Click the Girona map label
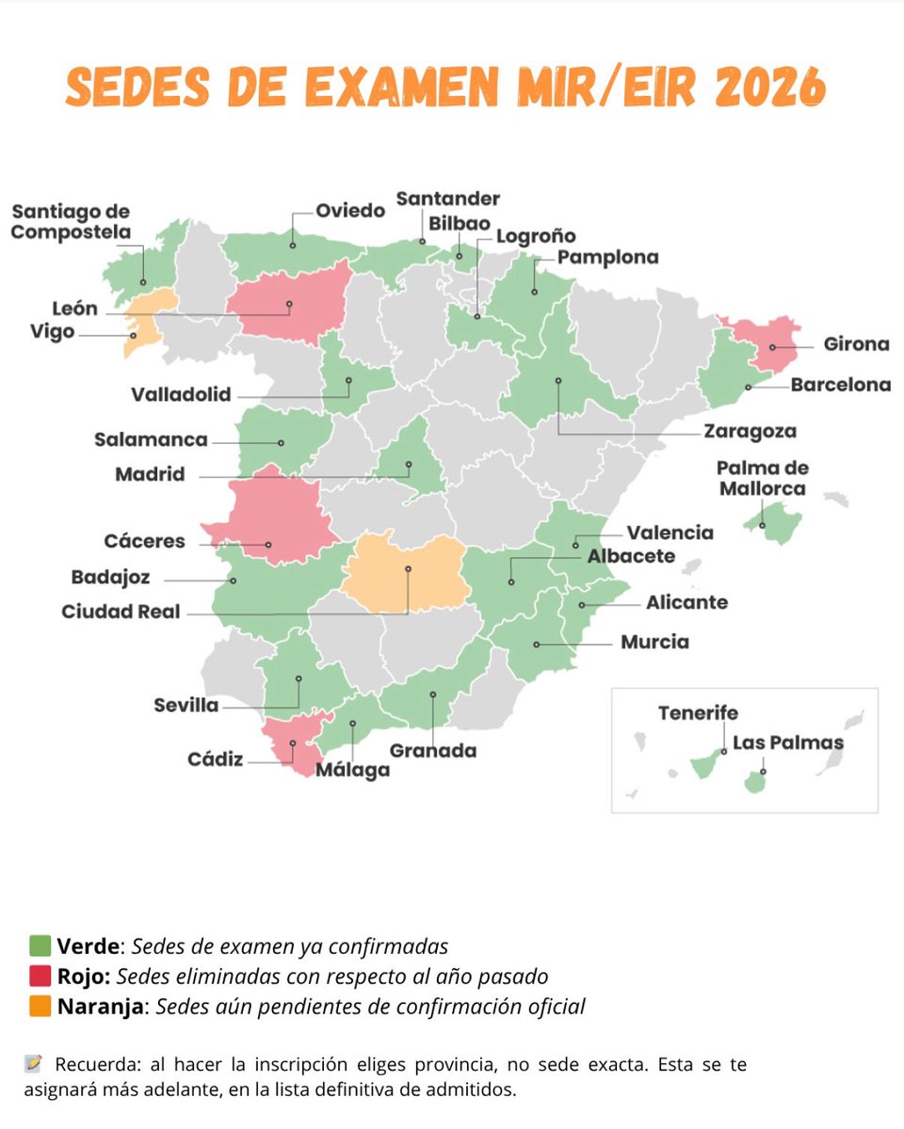[855, 344]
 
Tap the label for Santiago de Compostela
[71, 222]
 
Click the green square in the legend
[40, 946]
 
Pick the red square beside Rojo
[40, 977]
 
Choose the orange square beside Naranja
[40, 1007]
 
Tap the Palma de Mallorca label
[762, 478]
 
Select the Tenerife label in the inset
[698, 713]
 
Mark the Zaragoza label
[750, 432]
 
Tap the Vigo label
[51, 332]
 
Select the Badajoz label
[110, 578]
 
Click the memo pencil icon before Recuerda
[33, 1065]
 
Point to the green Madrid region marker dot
[409, 464]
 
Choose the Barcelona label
[840, 385]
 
